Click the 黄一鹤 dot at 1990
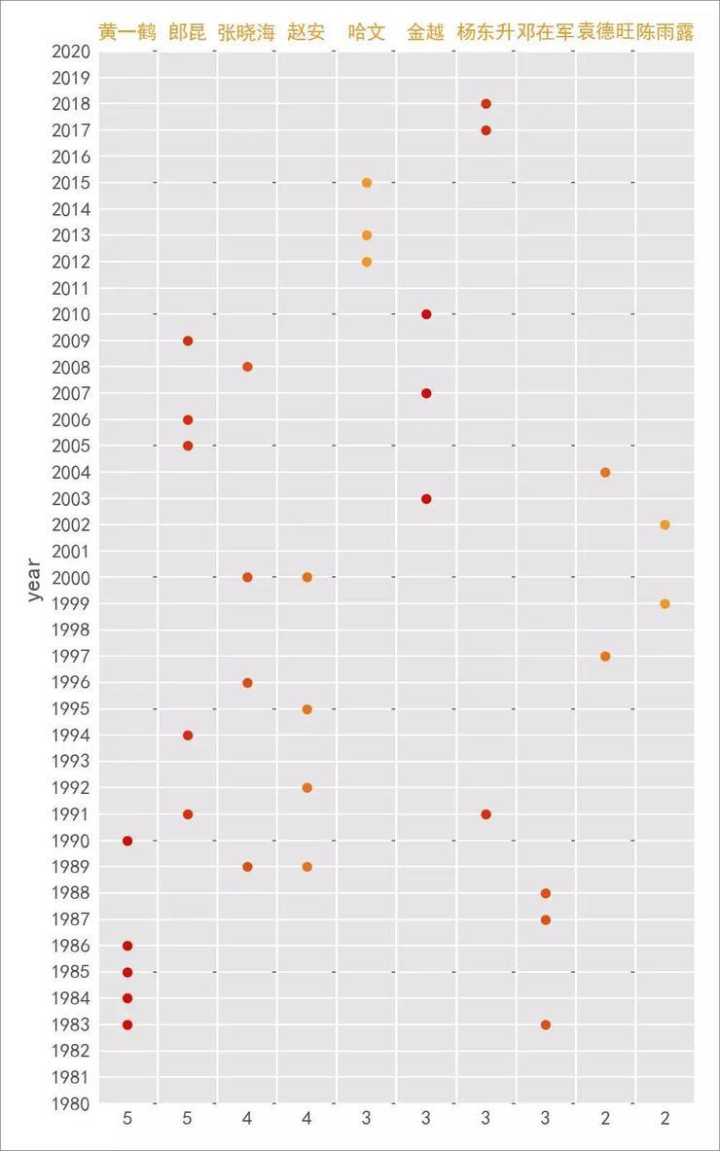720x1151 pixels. click(x=127, y=841)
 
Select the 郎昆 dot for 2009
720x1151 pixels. click(x=188, y=341)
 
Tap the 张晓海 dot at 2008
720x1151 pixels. click(x=247, y=367)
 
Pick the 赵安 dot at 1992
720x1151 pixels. click(x=307, y=787)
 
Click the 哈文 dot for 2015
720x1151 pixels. click(x=367, y=183)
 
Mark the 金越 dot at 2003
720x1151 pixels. click(x=426, y=499)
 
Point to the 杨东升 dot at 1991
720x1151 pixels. click(x=486, y=814)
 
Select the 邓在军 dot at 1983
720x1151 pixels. click(x=546, y=1025)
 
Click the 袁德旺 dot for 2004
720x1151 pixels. click(x=605, y=473)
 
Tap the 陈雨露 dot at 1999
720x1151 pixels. click(x=665, y=603)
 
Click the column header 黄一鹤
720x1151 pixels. click(x=127, y=32)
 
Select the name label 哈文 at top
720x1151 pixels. click(x=367, y=32)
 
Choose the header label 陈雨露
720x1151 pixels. click(x=666, y=32)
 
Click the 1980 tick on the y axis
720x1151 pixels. click(x=71, y=1103)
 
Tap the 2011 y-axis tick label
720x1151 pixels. click(x=71, y=288)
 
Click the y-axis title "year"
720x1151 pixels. click(x=35, y=579)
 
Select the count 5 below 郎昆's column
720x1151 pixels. click(x=188, y=1119)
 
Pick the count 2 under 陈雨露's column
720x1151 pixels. click(x=665, y=1119)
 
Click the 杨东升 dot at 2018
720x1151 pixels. click(x=486, y=104)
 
